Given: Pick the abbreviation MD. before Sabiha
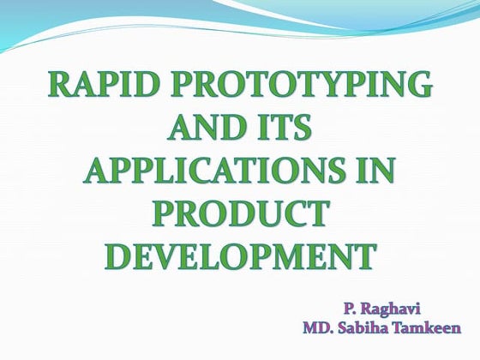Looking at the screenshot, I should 320,327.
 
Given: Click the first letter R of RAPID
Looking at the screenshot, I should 59,87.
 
